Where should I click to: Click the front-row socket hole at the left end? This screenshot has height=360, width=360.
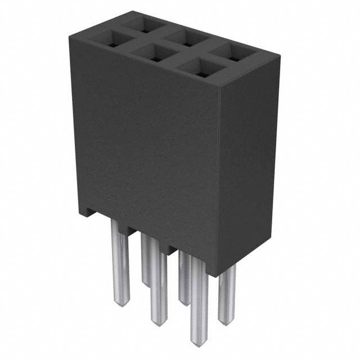click(111, 40)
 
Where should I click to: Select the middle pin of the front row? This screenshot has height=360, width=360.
click(159, 287)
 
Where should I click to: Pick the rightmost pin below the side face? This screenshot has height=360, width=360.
click(227, 295)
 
